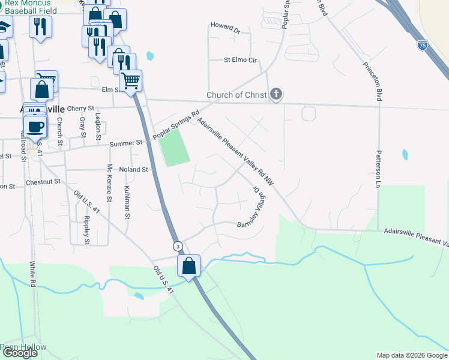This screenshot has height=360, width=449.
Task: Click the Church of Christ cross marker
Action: (x=276, y=94)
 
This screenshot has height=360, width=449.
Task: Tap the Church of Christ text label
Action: (x=237, y=95)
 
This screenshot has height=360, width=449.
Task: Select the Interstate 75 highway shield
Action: (x=423, y=45)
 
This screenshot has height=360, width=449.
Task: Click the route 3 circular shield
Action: (x=178, y=246)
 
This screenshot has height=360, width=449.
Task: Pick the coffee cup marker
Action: (x=35, y=127)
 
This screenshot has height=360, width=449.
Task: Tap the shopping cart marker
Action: (x=130, y=80)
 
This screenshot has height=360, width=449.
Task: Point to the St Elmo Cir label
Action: (x=240, y=60)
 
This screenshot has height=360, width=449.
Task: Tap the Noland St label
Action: (x=133, y=170)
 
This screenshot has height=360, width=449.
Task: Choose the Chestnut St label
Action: (x=43, y=181)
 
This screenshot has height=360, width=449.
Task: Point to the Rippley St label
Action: (x=87, y=230)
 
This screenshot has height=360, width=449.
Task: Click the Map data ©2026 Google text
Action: (x=411, y=355)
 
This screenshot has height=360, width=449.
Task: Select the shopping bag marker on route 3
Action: (x=189, y=266)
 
